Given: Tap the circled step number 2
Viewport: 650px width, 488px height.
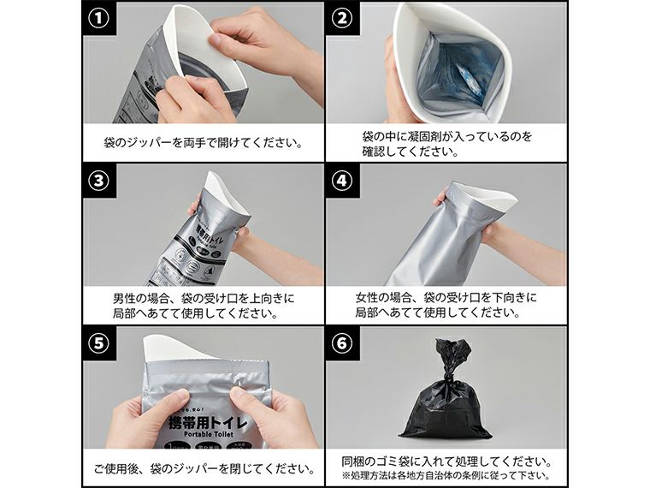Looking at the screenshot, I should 342,19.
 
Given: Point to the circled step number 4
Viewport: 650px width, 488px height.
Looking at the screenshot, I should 342,182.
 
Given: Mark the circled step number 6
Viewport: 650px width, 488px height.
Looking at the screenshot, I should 342,344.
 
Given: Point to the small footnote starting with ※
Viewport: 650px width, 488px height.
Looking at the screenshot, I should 445,476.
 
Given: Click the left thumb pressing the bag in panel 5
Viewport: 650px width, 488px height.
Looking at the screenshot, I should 175,401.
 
